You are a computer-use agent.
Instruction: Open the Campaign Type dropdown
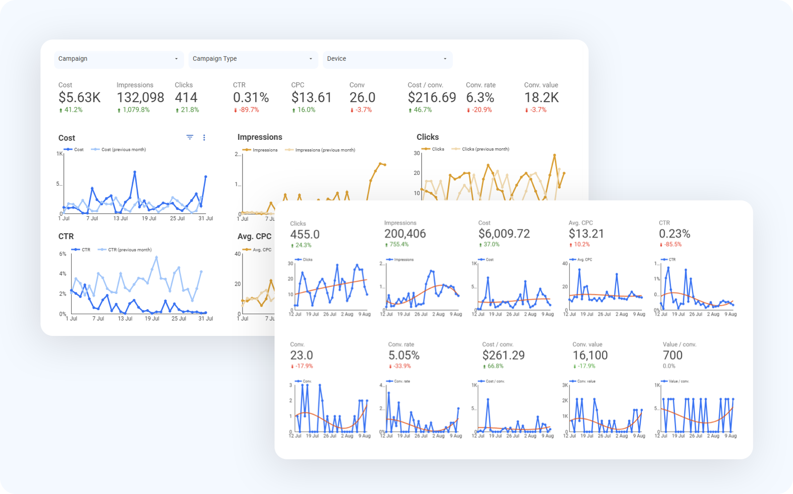tap(252, 59)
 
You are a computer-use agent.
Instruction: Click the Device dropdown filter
tap(387, 59)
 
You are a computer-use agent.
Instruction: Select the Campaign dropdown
tap(118, 59)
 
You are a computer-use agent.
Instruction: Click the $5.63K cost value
tap(79, 98)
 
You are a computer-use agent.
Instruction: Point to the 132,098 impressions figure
tap(140, 98)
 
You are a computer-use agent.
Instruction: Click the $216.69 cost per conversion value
tap(432, 98)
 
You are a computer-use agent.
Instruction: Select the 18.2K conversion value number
tap(541, 98)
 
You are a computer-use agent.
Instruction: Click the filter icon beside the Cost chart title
tap(190, 137)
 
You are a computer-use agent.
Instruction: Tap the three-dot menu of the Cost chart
tap(204, 138)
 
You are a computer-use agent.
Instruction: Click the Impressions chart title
tap(260, 137)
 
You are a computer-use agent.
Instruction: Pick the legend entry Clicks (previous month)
tap(485, 149)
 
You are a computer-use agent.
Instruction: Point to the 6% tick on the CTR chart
tap(63, 254)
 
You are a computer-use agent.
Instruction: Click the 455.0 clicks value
tap(305, 235)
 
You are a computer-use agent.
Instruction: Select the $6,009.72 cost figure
tap(504, 234)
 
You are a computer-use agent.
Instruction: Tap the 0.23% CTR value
tap(674, 234)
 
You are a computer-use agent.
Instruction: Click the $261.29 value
tap(503, 355)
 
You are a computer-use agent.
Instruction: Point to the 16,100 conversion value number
tap(590, 355)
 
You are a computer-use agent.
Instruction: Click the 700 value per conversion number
tap(673, 355)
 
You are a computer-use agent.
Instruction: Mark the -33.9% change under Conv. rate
tap(401, 367)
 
